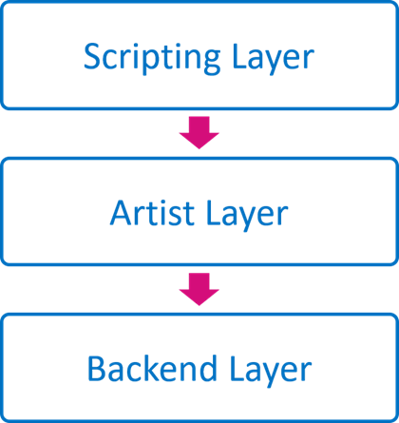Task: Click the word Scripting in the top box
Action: click(x=152, y=59)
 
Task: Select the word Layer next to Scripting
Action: click(x=273, y=59)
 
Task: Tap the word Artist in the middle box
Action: click(x=152, y=213)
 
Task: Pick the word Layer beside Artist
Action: click(x=247, y=216)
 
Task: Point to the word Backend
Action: click(x=152, y=368)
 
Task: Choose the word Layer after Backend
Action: click(x=271, y=371)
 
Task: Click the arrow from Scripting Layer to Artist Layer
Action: click(x=199, y=132)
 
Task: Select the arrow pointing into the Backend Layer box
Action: click(x=199, y=289)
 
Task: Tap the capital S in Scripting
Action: click(x=92, y=56)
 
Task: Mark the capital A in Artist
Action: click(x=122, y=213)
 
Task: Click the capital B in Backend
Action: click(x=96, y=368)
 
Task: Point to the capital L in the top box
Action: click(x=239, y=56)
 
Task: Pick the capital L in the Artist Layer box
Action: click(x=214, y=213)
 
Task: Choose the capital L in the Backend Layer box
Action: click(x=237, y=368)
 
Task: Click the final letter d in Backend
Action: click(x=207, y=368)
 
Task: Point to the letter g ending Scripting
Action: click(x=211, y=63)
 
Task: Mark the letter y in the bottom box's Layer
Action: click(x=275, y=375)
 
